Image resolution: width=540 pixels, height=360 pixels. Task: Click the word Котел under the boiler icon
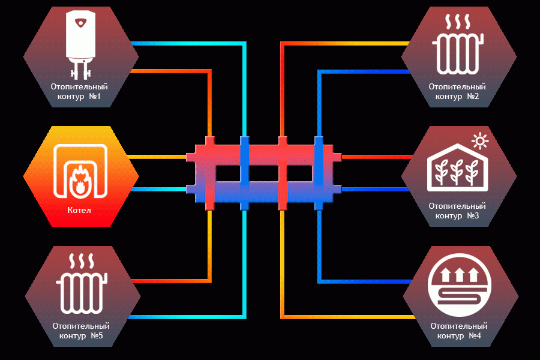pyautogui.click(x=79, y=210)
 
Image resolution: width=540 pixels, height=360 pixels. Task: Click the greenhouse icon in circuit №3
pyautogui.click(x=457, y=167)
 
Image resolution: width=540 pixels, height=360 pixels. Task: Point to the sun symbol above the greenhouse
pyautogui.click(x=480, y=141)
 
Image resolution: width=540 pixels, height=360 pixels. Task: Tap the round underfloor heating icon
pyautogui.click(x=460, y=285)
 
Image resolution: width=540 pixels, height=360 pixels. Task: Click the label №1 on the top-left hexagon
pyautogui.click(x=95, y=96)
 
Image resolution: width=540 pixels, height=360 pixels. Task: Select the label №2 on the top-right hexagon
pyautogui.click(x=473, y=96)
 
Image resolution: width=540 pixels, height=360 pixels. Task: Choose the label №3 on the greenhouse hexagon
pyautogui.click(x=473, y=215)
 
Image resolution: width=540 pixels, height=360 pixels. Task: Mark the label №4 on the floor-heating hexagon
pyautogui.click(x=475, y=335)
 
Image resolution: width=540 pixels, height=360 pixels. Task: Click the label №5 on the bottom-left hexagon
pyautogui.click(x=97, y=335)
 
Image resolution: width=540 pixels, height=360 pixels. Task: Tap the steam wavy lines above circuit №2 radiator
pyautogui.click(x=458, y=22)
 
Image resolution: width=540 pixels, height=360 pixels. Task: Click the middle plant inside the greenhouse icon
pyautogui.click(x=457, y=172)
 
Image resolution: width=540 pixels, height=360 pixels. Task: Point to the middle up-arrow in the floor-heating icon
pyautogui.click(x=460, y=275)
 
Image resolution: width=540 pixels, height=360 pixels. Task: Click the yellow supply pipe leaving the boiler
pyautogui.click(x=157, y=157)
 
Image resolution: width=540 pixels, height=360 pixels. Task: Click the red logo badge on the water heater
pyautogui.click(x=81, y=23)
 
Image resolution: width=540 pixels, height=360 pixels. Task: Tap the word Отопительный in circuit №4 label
pyautogui.click(x=459, y=326)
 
